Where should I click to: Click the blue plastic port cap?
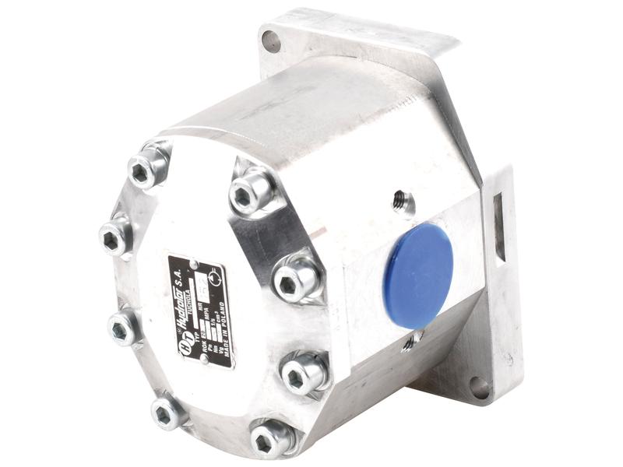[418, 264]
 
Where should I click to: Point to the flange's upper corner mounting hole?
[272, 39]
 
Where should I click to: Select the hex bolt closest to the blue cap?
[297, 277]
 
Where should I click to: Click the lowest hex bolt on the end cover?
[272, 440]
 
